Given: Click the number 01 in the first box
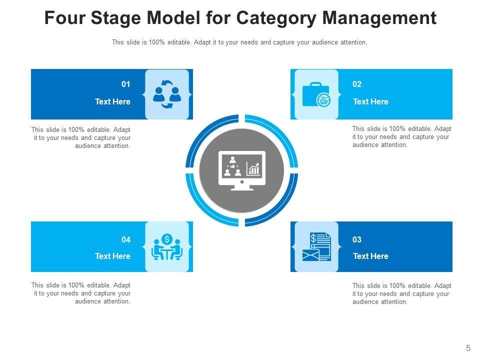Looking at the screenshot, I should click(x=125, y=84).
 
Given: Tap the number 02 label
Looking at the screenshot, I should click(x=357, y=84).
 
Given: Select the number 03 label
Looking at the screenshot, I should click(x=357, y=239).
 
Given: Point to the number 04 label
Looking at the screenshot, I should click(x=125, y=239).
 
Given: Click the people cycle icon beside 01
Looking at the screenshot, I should click(x=166, y=94).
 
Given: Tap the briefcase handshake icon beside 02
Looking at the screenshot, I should click(x=316, y=94).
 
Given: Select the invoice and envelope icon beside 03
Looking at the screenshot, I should click(x=316, y=247).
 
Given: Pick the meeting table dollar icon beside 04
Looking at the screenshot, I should click(x=167, y=247).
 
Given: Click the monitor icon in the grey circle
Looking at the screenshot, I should click(x=242, y=170).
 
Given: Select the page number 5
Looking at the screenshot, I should click(x=468, y=348).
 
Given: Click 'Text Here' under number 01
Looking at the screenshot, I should click(x=112, y=101).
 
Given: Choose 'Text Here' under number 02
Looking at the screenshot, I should click(x=370, y=101).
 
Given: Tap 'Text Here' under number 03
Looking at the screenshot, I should click(x=370, y=256).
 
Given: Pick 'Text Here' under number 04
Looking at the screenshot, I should click(x=112, y=256).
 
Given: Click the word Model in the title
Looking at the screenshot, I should click(x=171, y=18).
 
